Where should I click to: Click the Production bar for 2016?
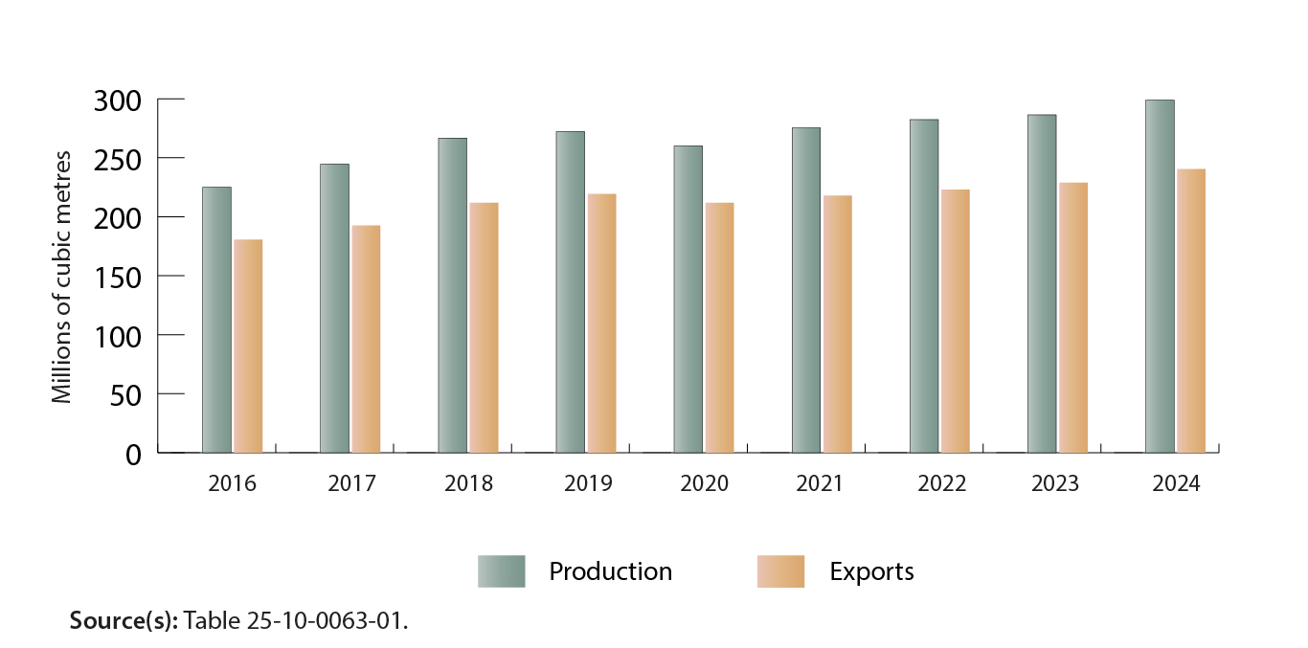[x=216, y=320]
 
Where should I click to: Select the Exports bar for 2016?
[x=248, y=346]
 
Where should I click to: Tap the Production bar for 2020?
[x=688, y=299]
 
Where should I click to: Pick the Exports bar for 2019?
[x=601, y=323]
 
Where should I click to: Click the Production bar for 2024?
[x=1160, y=276]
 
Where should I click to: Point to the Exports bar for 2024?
[x=1191, y=310]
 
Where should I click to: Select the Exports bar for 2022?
[x=956, y=321]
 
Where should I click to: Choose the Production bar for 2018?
[x=452, y=295]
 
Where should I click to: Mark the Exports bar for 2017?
[x=366, y=339]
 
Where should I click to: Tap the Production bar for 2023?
[x=1042, y=283]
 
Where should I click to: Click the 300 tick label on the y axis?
[x=119, y=100]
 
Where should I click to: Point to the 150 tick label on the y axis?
[x=119, y=276]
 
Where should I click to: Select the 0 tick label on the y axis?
[x=134, y=454]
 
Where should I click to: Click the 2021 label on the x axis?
[x=820, y=483]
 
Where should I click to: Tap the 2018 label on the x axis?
[x=468, y=483]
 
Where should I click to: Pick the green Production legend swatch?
[x=501, y=571]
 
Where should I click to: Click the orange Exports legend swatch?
[x=780, y=571]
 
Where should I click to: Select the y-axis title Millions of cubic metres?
[x=62, y=276]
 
